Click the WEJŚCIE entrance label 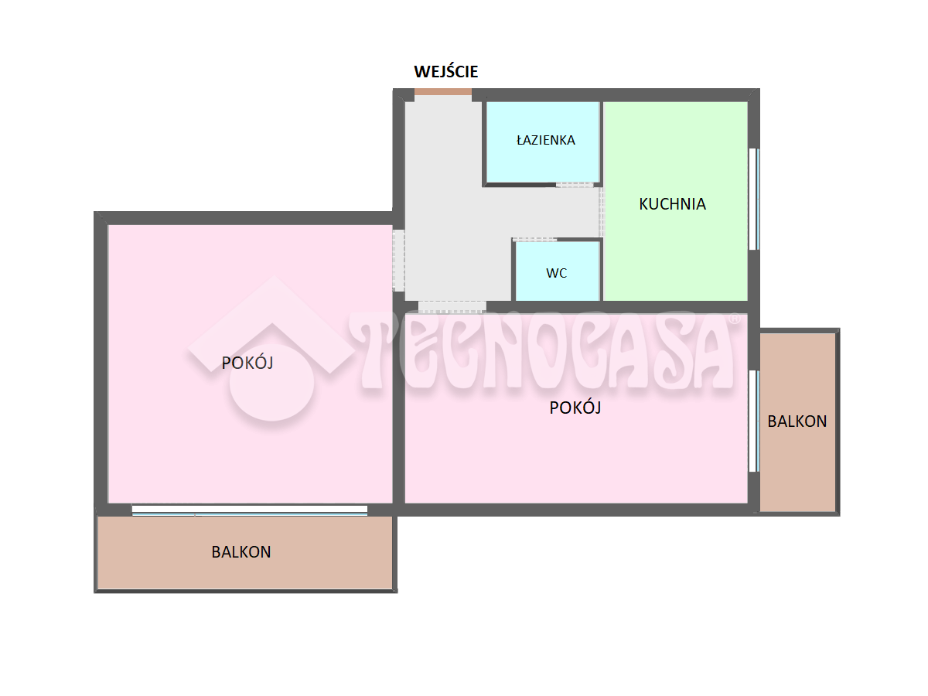tap(445, 71)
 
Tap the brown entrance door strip tap(442, 92)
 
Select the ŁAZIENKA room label tap(545, 140)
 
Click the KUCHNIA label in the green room tap(672, 204)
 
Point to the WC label tap(556, 273)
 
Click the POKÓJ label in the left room tap(247, 363)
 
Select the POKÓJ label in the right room tap(575, 408)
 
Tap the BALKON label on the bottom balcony tap(241, 552)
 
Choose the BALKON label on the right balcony tap(797, 421)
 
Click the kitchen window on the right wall tap(754, 199)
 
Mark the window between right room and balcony tap(754, 421)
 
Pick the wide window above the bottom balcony tap(250, 510)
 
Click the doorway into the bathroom tap(575, 185)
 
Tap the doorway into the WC tap(534, 240)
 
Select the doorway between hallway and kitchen tap(601, 212)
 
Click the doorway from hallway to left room tap(399, 261)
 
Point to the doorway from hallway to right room tap(452, 307)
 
